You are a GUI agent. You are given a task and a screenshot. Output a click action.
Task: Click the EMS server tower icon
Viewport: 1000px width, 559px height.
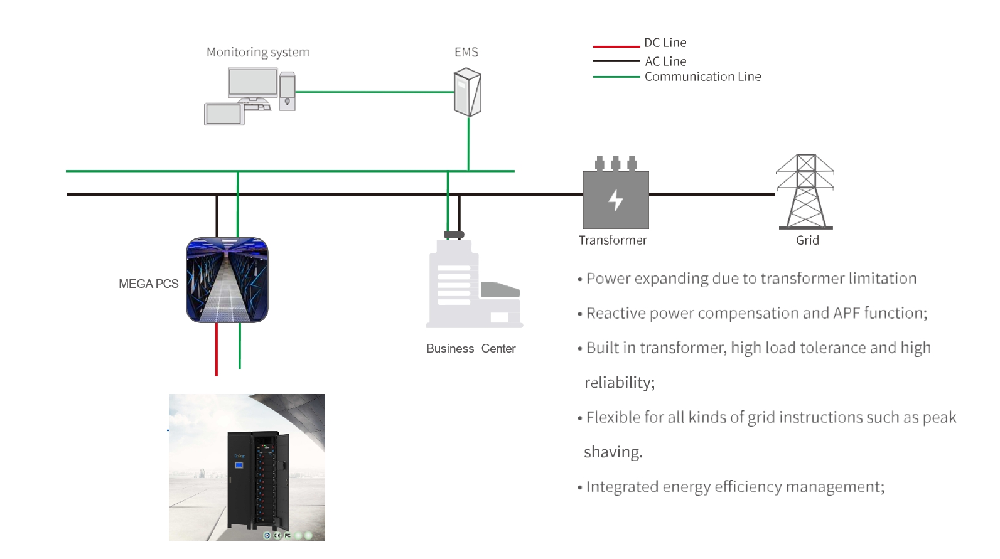coord(468,93)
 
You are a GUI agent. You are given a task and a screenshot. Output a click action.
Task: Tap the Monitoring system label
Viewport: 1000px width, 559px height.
coord(257,52)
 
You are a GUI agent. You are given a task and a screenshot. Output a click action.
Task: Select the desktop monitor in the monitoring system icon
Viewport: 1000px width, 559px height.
coord(253,83)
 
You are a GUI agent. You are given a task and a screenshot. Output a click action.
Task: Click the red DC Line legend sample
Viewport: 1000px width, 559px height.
coord(616,46)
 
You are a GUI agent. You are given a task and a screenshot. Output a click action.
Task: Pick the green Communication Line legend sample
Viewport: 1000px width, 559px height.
coord(616,77)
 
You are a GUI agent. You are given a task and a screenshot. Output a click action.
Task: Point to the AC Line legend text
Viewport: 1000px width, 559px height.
coord(665,61)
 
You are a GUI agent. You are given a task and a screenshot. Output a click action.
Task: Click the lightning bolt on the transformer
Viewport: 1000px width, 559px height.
coord(616,200)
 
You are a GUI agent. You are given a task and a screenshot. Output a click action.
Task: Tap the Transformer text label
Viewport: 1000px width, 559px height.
coord(612,240)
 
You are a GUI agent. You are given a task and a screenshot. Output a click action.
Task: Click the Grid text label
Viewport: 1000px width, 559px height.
coord(807,240)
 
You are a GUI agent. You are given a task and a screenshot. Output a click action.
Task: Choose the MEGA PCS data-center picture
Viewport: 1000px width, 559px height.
coord(227,280)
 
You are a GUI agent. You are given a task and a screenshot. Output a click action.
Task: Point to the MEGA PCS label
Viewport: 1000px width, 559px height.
coord(149,284)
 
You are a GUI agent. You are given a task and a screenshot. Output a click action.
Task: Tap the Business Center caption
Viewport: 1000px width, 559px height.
coord(471,349)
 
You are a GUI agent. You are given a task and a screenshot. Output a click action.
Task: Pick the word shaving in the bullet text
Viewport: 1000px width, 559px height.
coord(613,452)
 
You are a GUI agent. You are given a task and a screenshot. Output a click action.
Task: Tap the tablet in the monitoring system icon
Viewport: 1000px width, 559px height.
coord(224,114)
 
